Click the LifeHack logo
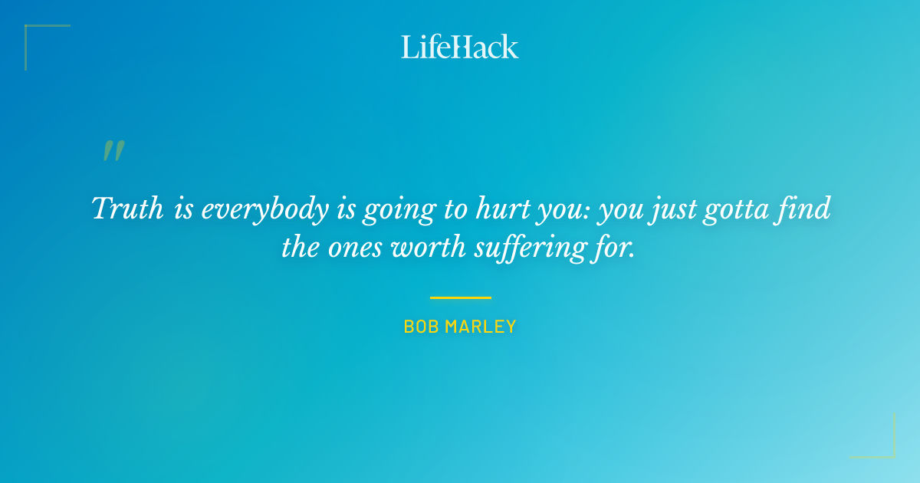460,47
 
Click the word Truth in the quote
128,208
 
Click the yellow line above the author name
460,297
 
